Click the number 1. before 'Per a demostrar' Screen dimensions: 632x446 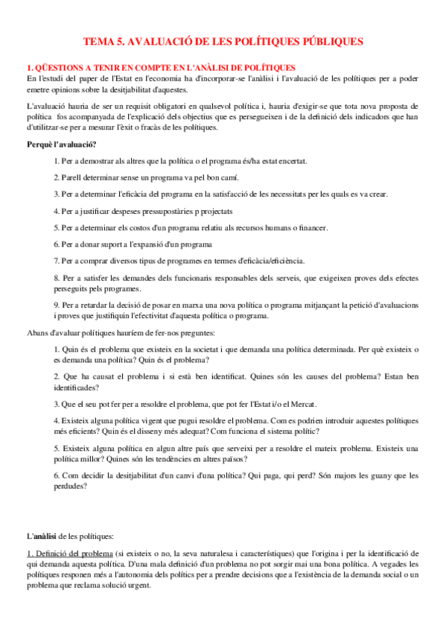(x=57, y=161)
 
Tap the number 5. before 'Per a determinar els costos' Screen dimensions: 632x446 (x=57, y=227)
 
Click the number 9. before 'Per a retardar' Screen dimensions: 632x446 (x=57, y=306)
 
